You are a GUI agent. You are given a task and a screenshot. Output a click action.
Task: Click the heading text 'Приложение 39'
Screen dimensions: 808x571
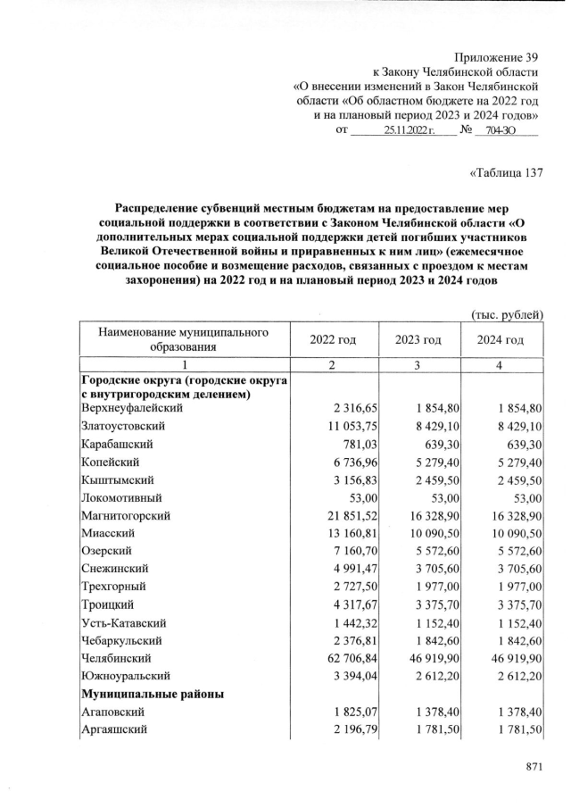tap(497, 56)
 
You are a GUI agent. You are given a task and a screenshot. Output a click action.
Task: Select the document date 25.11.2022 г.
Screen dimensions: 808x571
tap(408, 130)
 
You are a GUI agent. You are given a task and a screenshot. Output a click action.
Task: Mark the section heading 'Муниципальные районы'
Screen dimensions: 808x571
tap(152, 694)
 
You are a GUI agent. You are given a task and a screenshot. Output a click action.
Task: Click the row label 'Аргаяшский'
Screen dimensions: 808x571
tap(113, 731)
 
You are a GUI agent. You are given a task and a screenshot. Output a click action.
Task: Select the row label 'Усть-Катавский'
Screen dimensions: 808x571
tap(123, 622)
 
